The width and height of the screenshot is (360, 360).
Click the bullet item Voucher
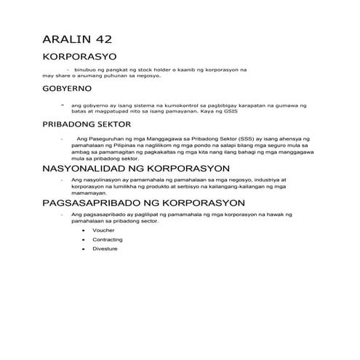(x=103, y=229)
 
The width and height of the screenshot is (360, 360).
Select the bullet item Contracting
(x=108, y=239)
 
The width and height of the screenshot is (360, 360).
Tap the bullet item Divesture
(x=105, y=249)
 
